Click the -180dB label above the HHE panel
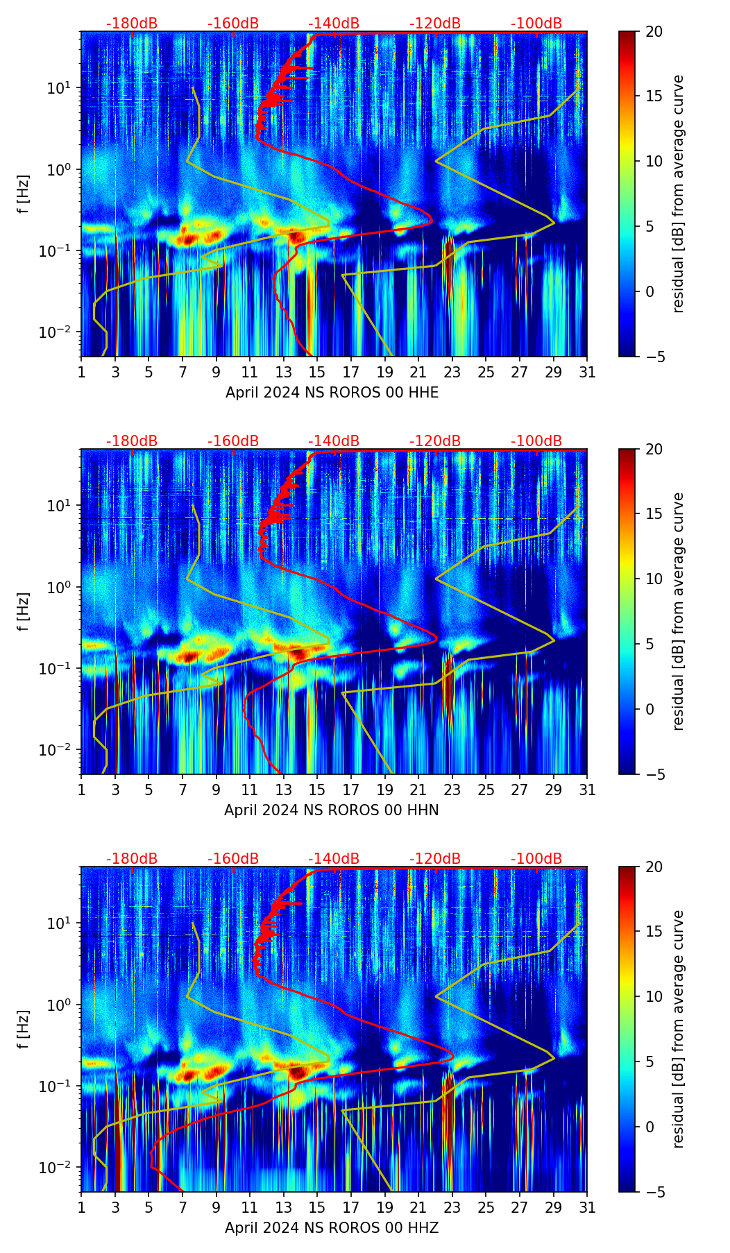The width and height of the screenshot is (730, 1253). pyautogui.click(x=132, y=24)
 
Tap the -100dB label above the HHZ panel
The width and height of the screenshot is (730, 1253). pyautogui.click(x=536, y=859)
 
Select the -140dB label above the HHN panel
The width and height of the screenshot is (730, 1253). pyautogui.click(x=334, y=441)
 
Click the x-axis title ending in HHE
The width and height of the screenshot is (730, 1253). pyautogui.click(x=332, y=393)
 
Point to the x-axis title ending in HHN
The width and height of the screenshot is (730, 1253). pyautogui.click(x=331, y=810)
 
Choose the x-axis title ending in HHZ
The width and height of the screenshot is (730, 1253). pyautogui.click(x=331, y=1228)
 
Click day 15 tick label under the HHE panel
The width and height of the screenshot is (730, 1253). pyautogui.click(x=317, y=373)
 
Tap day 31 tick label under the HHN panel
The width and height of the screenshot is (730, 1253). pyautogui.click(x=586, y=790)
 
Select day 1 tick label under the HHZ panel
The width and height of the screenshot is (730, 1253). pyautogui.click(x=81, y=1208)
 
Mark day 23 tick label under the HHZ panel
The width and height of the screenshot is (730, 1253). pyautogui.click(x=452, y=1208)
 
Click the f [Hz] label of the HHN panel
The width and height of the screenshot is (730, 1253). pyautogui.click(x=23, y=611)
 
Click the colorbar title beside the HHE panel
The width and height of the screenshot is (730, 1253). pyautogui.click(x=678, y=194)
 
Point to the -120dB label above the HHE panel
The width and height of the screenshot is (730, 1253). pyautogui.click(x=435, y=24)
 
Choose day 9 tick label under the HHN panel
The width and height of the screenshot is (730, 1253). pyautogui.click(x=216, y=790)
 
